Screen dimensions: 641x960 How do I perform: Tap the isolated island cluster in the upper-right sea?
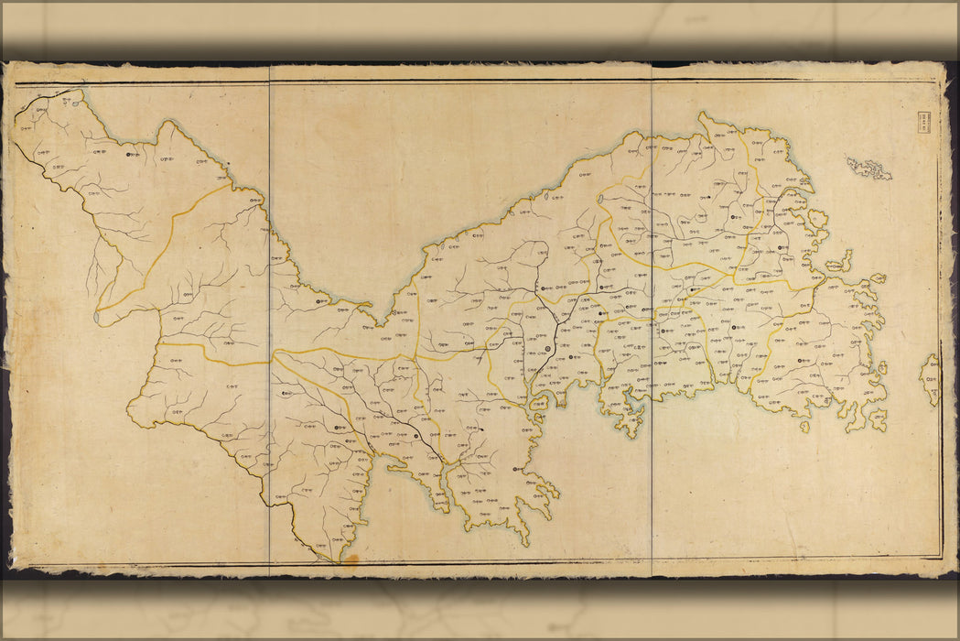(x=868, y=168)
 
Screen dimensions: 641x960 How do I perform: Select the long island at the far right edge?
(x=931, y=379)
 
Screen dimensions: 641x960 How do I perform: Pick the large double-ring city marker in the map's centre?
(x=548, y=348)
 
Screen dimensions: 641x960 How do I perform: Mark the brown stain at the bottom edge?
(x=349, y=557)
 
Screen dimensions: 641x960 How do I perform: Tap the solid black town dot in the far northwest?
(x=129, y=156)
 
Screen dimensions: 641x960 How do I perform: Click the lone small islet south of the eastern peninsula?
(x=804, y=426)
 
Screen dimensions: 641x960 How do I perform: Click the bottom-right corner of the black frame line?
(x=941, y=557)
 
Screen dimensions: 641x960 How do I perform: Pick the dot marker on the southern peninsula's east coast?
(x=517, y=469)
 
